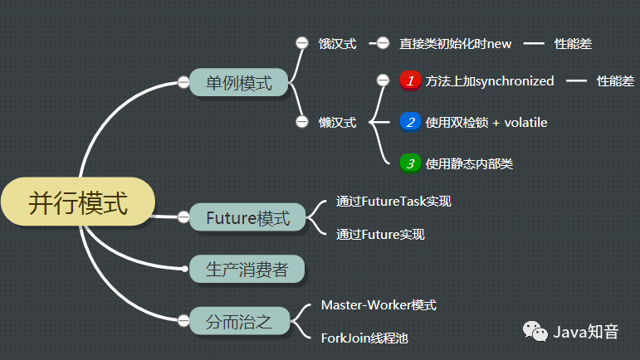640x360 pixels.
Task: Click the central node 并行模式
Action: [x=79, y=203]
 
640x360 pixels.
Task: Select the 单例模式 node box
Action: [x=238, y=82]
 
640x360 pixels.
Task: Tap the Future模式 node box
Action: [x=247, y=218]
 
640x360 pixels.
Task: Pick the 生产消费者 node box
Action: [x=247, y=269]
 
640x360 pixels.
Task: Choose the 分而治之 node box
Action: [x=238, y=319]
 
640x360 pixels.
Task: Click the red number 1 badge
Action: [x=409, y=80]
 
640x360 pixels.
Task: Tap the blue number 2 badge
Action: [x=409, y=122]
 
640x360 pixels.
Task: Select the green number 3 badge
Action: [x=409, y=163]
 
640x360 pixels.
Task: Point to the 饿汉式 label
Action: [x=337, y=44]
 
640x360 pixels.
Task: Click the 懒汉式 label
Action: [x=337, y=123]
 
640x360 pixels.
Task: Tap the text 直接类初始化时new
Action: [x=456, y=44]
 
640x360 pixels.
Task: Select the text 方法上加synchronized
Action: [x=489, y=81]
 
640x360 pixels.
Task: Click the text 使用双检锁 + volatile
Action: [x=486, y=123]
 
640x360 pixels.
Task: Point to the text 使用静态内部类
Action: [x=469, y=163]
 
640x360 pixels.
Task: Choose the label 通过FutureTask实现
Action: [x=393, y=201]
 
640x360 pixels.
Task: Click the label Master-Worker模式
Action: [x=379, y=305]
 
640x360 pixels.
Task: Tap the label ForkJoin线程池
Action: [x=364, y=338]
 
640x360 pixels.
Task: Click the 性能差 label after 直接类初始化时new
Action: [x=573, y=44]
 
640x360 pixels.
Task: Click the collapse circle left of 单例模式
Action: [x=183, y=81]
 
